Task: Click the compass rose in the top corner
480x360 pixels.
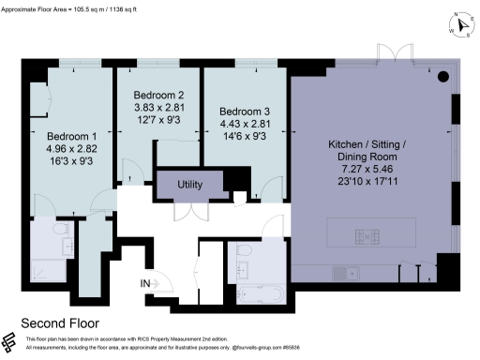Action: click(x=459, y=26)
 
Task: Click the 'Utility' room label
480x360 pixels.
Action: click(x=190, y=185)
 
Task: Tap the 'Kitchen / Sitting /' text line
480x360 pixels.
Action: click(x=367, y=145)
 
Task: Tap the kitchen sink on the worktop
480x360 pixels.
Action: click(x=342, y=273)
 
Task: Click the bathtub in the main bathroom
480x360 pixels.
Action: click(x=257, y=292)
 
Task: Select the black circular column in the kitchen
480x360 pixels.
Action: click(x=443, y=76)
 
